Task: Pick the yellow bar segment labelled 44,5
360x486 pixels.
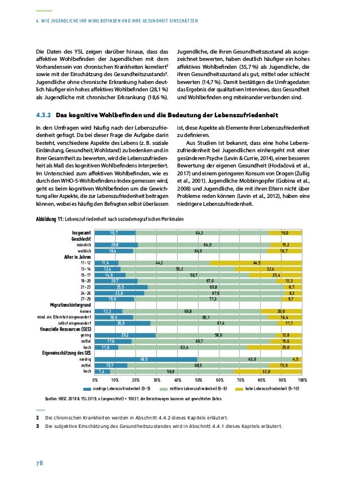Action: [256, 263]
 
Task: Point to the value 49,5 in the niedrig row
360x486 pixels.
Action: [144, 359]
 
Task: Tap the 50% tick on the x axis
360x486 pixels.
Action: [198, 381]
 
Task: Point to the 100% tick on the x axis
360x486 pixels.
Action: [301, 381]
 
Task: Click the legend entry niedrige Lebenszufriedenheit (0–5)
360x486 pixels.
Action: [116, 389]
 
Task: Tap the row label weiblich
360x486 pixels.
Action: [84, 250]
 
